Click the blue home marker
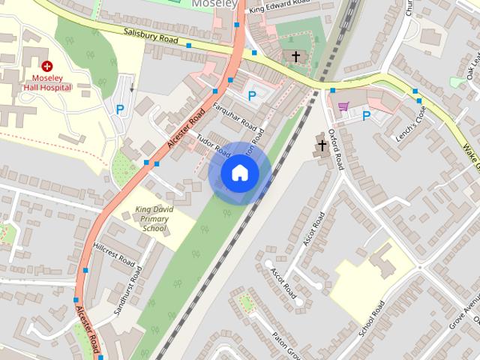(x=239, y=172)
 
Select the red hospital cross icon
(x=46, y=66)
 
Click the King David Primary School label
(x=154, y=218)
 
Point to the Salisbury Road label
(x=151, y=36)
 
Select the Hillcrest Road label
(x=114, y=255)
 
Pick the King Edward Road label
(x=280, y=8)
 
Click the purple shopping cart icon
(x=343, y=106)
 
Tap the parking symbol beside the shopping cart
(x=366, y=115)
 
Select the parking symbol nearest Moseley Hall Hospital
(x=120, y=109)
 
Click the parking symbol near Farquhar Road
(x=252, y=96)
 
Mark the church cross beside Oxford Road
(x=322, y=145)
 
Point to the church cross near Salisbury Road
(x=295, y=56)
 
